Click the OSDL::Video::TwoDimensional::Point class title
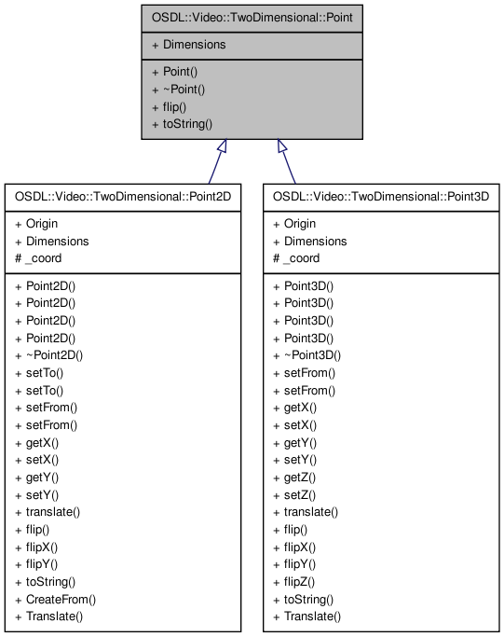coord(252,17)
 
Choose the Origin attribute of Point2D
coord(41,224)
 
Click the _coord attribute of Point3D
coord(301,258)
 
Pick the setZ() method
coord(299,495)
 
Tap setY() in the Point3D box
coord(299,460)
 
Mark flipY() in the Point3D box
coord(299,565)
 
